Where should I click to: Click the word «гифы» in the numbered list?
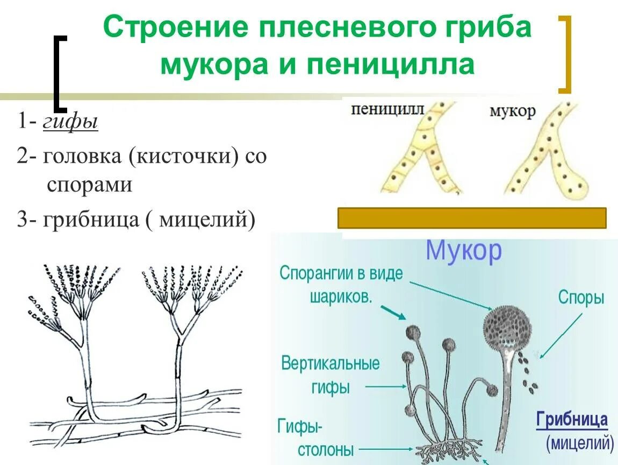click(70, 123)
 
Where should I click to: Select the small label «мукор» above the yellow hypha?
click(512, 111)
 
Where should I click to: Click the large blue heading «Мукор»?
click(464, 251)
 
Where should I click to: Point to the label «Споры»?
click(581, 298)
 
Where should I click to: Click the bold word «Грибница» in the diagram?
click(572, 420)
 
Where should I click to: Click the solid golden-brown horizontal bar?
click(472, 218)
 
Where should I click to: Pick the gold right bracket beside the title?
click(564, 54)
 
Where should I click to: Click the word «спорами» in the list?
click(89, 185)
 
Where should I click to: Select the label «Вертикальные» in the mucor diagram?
click(330, 363)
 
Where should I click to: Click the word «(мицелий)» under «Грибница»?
click(580, 443)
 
